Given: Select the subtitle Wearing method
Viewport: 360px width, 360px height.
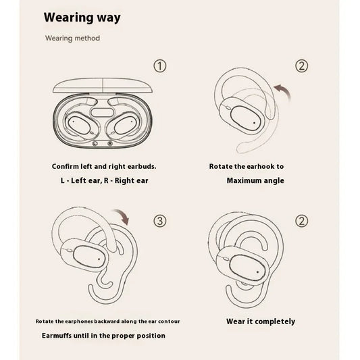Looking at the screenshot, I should pos(72,38).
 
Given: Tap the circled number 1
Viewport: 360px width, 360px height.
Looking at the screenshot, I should pos(159,66).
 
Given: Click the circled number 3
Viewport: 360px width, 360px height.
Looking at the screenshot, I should pos(159,221).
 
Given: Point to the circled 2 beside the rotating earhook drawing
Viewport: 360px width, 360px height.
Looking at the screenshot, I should pos(302,66).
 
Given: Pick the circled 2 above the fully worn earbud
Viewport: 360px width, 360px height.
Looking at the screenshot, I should pos(302,221).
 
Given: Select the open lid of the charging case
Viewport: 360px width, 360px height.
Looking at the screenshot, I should pos(101,85).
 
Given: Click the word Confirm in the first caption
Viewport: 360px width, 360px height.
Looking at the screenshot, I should pos(66,166).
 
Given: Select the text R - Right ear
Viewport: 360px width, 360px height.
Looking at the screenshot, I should pos(124,180).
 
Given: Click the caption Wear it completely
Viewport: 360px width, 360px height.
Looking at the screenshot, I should pos(260,322).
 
